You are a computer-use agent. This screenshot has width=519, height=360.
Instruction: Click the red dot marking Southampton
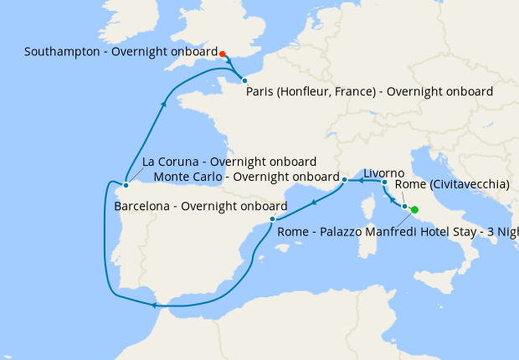tap(223, 54)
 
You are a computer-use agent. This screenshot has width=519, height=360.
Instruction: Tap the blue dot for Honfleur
tap(244, 80)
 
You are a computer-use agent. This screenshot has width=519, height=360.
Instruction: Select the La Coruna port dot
tap(125, 185)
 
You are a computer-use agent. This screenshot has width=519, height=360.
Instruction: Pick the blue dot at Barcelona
tap(273, 219)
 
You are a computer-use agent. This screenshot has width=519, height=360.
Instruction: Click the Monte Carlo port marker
tap(345, 180)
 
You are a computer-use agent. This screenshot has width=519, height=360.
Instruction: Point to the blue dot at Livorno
tap(384, 182)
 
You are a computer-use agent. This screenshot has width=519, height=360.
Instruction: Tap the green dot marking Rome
tap(414, 210)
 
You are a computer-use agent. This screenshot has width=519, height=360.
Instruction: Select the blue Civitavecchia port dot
tap(405, 206)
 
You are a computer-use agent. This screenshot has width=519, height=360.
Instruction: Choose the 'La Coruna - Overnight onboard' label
tap(229, 162)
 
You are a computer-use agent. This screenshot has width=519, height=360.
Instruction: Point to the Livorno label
tap(383, 172)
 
